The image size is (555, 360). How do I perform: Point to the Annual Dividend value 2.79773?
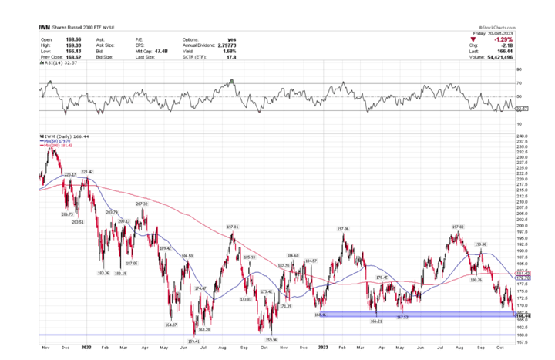point(227,46)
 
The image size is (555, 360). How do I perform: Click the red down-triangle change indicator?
point(476,39)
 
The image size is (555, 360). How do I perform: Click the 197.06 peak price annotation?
point(343,229)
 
